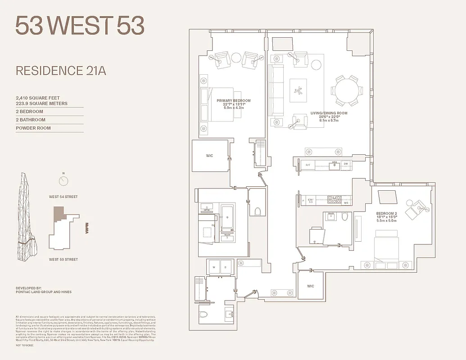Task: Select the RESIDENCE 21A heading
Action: tap(61, 71)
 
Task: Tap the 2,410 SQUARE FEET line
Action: tap(37, 98)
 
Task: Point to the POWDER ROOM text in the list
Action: tap(33, 128)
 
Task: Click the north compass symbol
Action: tap(63, 181)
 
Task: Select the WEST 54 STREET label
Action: tap(63, 197)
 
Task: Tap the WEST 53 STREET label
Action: tap(63, 259)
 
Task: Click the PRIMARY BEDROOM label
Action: tap(233, 101)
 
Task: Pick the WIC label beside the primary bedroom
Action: tap(209, 156)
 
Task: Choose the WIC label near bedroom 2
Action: tap(311, 286)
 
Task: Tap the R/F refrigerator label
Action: tap(308, 165)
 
